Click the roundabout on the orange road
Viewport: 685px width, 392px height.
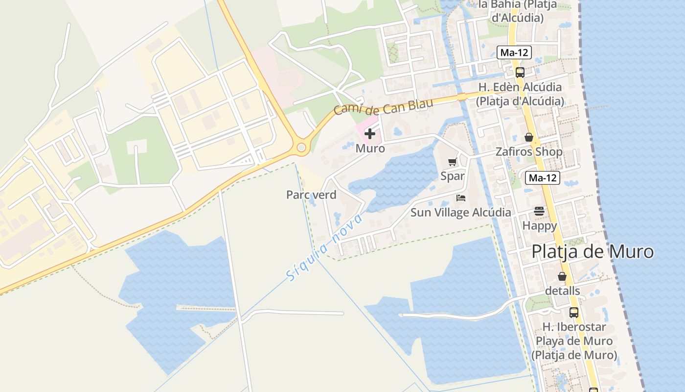coord(301,147)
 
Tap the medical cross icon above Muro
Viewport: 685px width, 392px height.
coord(370,134)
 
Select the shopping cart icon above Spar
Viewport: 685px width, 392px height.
coord(452,162)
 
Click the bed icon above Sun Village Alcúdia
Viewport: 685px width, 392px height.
coord(460,198)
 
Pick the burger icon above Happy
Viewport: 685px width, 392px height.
coord(539,211)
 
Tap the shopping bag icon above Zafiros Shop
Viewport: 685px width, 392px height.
coord(528,137)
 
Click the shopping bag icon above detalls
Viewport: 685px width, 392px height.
coord(562,276)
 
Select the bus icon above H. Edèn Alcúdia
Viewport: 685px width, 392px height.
coord(520,73)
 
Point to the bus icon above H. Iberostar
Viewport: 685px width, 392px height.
coord(573,312)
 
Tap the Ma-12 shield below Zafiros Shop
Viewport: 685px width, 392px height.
coord(542,178)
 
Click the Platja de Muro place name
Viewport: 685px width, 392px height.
coord(592,251)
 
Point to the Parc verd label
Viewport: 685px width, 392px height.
coord(311,195)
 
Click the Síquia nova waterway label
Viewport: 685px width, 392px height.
coord(324,248)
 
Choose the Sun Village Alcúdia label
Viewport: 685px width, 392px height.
coord(460,213)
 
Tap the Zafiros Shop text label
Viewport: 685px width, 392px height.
coord(528,152)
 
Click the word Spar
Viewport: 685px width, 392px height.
coord(452,176)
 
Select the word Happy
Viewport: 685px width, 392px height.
coord(539,226)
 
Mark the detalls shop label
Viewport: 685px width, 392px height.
coord(562,291)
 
